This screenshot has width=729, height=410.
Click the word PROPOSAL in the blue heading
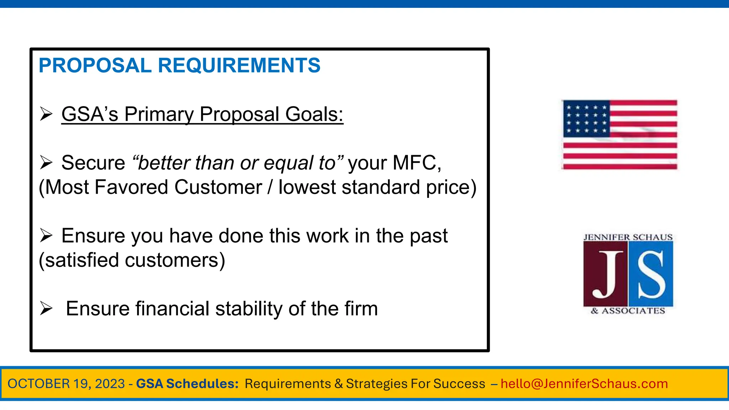[95, 65]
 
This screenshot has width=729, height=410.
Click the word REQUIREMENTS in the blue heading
[239, 65]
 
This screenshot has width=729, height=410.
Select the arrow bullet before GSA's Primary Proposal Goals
[46, 114]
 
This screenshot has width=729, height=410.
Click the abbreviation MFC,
[417, 163]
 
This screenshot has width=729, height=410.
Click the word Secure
[93, 163]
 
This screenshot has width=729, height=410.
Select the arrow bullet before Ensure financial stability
[46, 308]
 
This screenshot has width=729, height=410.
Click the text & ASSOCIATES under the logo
[628, 311]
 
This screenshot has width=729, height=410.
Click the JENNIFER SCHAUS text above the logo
[628, 237]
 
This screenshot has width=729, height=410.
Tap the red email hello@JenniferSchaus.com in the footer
[584, 384]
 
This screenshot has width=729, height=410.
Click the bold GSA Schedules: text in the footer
[187, 384]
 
